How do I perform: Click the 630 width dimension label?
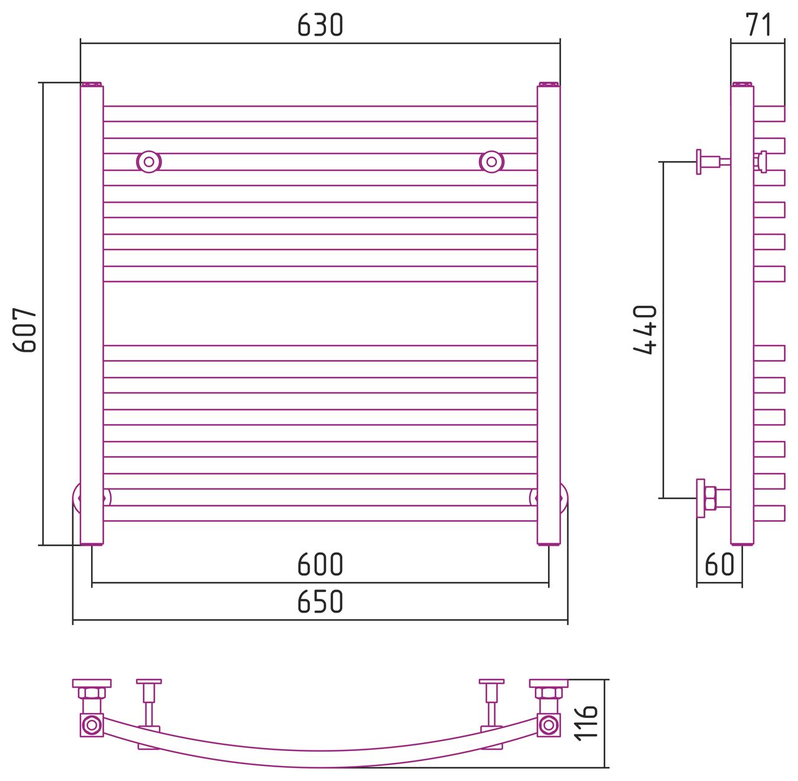(320, 25)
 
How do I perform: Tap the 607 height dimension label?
(25, 330)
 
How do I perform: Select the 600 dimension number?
(320, 565)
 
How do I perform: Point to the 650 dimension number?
(320, 601)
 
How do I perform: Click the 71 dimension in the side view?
(758, 24)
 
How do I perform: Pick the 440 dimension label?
(645, 329)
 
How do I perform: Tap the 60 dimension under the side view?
(719, 565)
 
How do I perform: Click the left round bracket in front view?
(149, 162)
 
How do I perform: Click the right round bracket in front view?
(492, 162)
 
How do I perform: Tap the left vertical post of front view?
(92, 316)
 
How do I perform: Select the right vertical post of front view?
(549, 316)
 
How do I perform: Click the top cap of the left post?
(92, 84)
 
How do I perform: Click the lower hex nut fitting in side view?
(710, 498)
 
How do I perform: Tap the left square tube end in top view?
(92, 725)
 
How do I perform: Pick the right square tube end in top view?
(549, 725)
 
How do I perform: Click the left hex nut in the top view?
(92, 693)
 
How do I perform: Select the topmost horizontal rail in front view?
(320, 114)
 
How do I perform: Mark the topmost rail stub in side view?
(769, 114)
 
